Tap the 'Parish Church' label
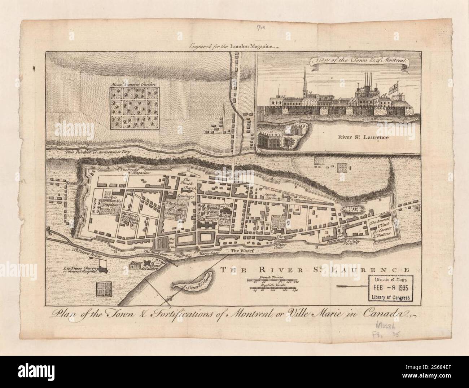[189, 184]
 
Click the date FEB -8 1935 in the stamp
[391, 289]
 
